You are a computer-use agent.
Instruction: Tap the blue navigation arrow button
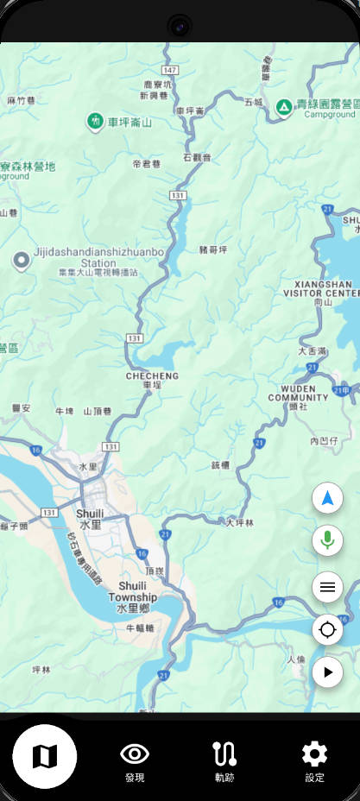click(x=327, y=498)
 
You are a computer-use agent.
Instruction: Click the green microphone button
click(x=327, y=541)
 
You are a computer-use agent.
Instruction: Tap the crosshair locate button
click(x=327, y=629)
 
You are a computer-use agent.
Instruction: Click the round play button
click(x=327, y=672)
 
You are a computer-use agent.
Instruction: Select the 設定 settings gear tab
click(x=314, y=760)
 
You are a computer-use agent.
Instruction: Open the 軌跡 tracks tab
click(x=224, y=760)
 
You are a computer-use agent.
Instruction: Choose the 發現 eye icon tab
click(x=134, y=760)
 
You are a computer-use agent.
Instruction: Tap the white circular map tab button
click(x=44, y=757)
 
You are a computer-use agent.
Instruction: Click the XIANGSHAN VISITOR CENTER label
click(x=325, y=288)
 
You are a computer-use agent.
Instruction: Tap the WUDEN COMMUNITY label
click(x=298, y=393)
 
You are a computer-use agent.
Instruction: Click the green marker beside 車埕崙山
click(x=96, y=122)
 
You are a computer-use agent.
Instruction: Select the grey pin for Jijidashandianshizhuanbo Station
click(x=21, y=260)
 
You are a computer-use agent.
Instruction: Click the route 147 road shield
click(x=169, y=69)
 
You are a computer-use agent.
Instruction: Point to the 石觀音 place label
click(x=197, y=158)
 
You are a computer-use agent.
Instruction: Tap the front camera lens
click(x=180, y=26)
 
